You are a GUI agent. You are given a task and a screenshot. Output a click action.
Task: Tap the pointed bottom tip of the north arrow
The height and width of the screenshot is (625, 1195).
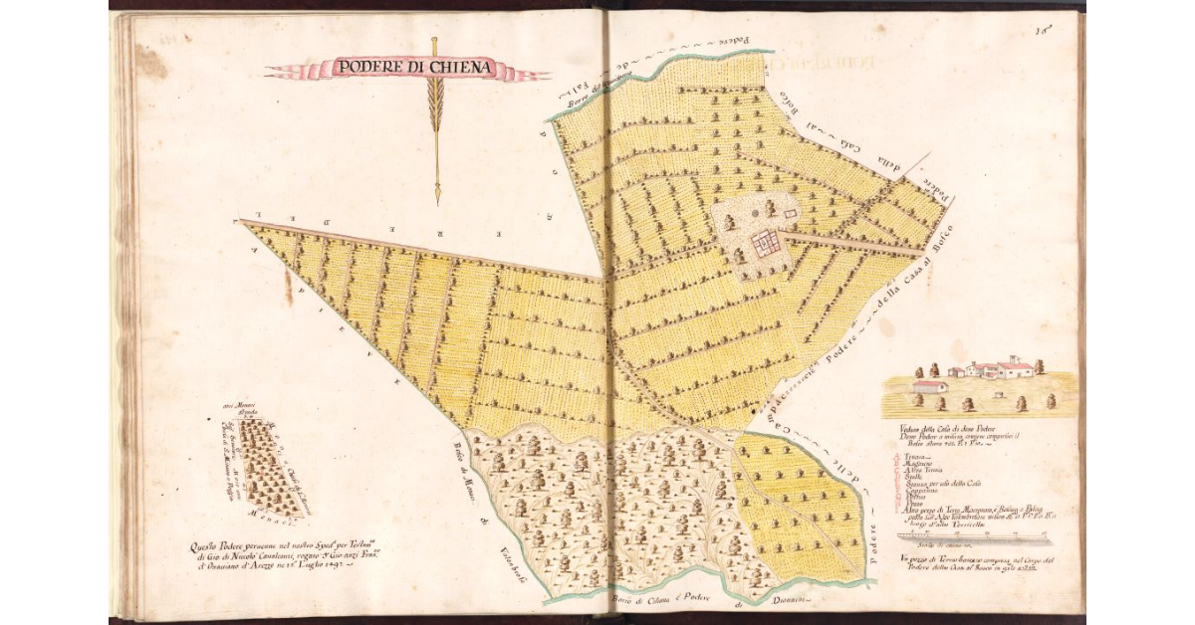[x=436, y=202]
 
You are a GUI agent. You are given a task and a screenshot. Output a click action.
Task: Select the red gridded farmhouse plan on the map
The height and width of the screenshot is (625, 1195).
[x=765, y=242]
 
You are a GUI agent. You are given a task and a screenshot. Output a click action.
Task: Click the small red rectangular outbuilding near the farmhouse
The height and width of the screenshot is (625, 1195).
[x=791, y=213]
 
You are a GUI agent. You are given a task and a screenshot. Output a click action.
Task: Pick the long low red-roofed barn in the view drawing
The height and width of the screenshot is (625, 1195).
[x=929, y=386]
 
